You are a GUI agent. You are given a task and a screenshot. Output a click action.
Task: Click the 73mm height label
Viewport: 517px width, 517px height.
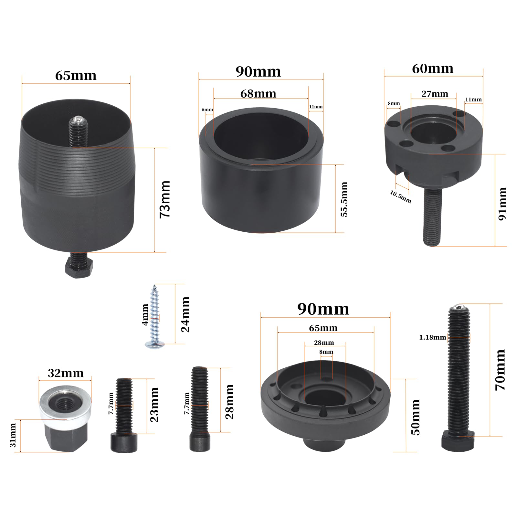[x=165, y=199]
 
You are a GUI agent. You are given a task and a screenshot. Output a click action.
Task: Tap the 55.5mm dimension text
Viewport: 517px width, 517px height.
[x=344, y=199]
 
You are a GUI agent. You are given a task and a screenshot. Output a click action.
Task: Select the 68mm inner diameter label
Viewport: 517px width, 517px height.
[x=258, y=94]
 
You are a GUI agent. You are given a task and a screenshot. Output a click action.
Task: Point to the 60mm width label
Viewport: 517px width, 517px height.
[x=433, y=69]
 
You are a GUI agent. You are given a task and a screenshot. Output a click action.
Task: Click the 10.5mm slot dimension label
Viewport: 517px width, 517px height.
[x=401, y=197]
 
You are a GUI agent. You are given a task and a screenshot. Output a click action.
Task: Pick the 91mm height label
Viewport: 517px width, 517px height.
[x=502, y=204]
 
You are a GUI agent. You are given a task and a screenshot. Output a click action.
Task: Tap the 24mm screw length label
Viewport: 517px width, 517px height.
[x=185, y=314]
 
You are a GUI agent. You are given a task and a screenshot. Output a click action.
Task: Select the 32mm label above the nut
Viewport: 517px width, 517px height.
[x=66, y=373]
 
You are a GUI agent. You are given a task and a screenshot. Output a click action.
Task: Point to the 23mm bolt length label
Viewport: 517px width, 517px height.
[x=154, y=405]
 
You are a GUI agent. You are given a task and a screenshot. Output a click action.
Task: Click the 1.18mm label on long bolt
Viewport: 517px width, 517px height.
[x=433, y=338]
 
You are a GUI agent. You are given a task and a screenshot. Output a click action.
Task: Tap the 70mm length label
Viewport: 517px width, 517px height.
[x=500, y=370]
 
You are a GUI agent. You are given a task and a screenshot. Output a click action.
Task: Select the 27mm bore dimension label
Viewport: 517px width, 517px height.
[x=435, y=94]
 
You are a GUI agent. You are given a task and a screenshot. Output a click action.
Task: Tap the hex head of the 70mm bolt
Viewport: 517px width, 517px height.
[x=458, y=441]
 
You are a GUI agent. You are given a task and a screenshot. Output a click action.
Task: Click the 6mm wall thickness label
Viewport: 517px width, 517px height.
[x=207, y=110]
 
